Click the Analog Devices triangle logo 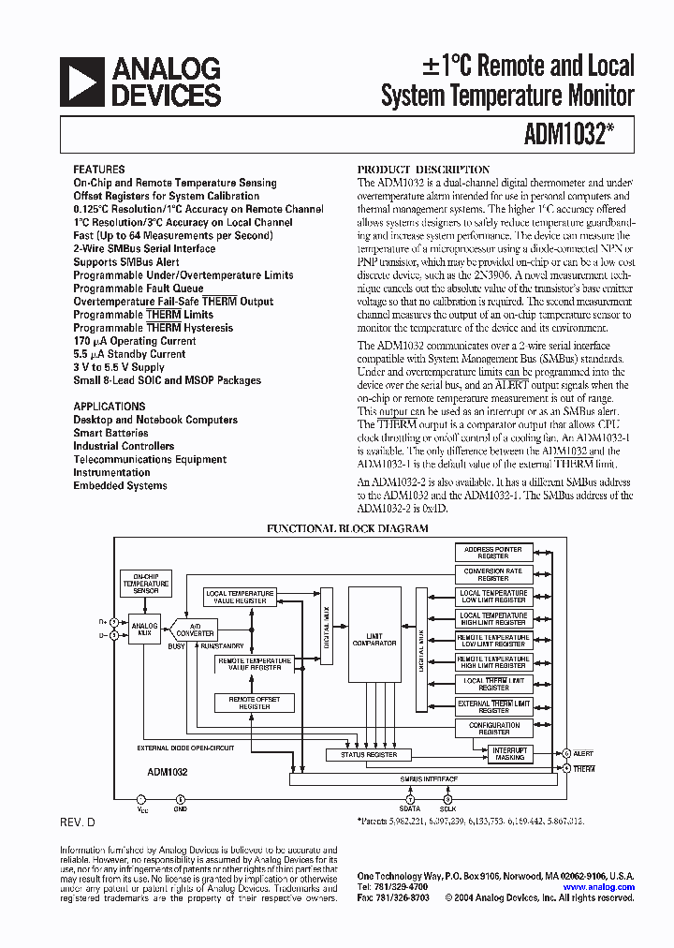[x=81, y=82]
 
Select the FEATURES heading [x=98, y=170]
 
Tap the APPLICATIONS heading [x=110, y=407]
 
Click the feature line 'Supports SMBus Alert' [x=126, y=262]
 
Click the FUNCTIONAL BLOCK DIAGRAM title [x=347, y=528]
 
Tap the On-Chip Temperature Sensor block [x=145, y=584]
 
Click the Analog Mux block [x=144, y=630]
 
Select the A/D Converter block [x=196, y=630]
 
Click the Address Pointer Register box [x=493, y=553]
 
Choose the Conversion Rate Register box [x=493, y=574]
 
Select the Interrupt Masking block [x=510, y=753]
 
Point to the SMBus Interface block [x=429, y=779]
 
